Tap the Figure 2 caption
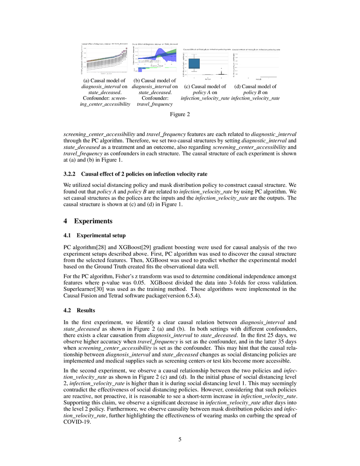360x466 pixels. coord(180,114)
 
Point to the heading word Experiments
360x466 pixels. coord(93,221)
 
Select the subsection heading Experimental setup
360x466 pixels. coord(100,235)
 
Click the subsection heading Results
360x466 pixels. coord(86,310)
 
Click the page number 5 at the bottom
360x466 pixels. coord(180,439)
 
